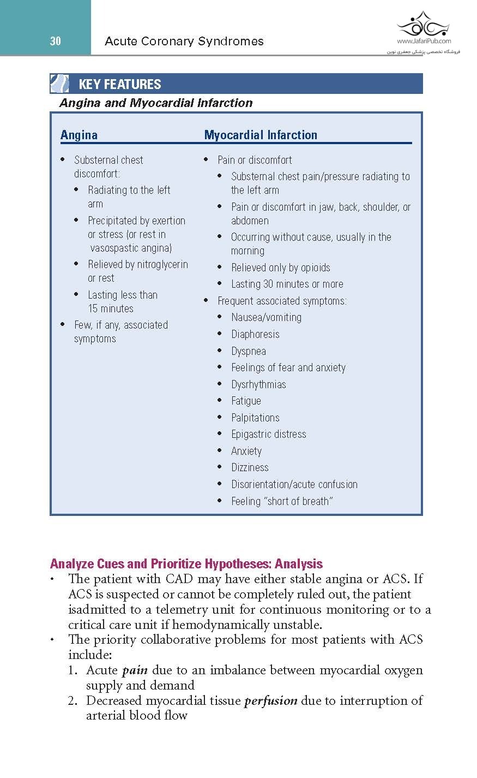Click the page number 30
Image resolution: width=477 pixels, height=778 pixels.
pos(55,41)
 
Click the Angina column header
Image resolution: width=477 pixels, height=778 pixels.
pos(79,135)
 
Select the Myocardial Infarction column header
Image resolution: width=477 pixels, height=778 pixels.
pos(261,135)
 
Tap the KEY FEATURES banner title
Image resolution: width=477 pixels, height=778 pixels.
pos(120,84)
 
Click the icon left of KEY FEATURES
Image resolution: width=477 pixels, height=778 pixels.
pos(59,84)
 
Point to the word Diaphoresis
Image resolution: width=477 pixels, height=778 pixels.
pos(255,334)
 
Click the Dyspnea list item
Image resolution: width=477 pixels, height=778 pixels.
pos(249,351)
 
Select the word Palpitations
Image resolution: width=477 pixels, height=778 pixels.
pos(255,418)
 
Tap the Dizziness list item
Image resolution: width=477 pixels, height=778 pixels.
pos(250,467)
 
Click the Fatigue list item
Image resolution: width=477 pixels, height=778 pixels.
pos(246,401)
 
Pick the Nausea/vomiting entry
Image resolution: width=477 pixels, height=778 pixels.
pos(266,317)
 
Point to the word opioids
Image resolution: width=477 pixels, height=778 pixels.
pos(313,268)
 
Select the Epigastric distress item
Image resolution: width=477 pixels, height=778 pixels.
pos(269,434)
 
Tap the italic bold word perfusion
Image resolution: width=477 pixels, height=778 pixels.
pos(270,701)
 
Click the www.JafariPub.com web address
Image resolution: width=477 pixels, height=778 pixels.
pos(424,41)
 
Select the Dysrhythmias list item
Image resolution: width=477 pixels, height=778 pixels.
pos(258,384)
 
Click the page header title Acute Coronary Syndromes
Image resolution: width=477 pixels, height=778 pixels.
pos(184,41)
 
